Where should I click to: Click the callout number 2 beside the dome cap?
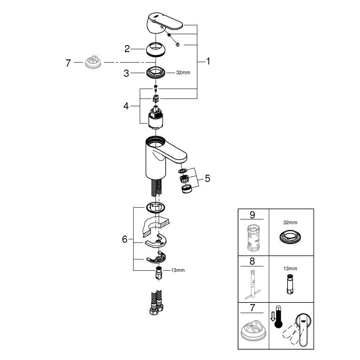127,49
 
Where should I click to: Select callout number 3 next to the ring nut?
127,73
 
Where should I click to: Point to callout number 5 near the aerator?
207,178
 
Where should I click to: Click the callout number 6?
125,239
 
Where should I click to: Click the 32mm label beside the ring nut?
183,73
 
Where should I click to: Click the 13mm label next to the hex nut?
178,270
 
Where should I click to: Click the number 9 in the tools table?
252,215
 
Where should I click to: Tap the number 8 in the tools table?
252,262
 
